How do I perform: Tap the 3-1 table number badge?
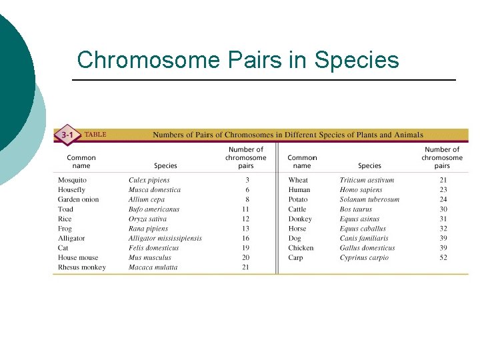coord(67,135)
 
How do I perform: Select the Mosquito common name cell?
coord(72,180)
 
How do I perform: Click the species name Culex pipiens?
coord(149,180)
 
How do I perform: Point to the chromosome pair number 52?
coord(443,258)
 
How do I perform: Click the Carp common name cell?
coord(295,258)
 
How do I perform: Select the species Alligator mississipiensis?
coord(165,238)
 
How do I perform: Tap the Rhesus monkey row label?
coord(81,267)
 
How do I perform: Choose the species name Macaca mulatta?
coord(153,267)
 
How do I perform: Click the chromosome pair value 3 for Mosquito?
coord(247,180)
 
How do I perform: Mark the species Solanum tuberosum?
coord(369,199)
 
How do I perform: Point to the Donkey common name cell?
coord(300,219)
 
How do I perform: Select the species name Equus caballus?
coord(362,229)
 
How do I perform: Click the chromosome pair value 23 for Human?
coord(443,190)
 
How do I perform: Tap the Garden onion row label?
coord(78,199)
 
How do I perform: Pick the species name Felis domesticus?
coord(153,248)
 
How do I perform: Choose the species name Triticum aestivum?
coord(367,180)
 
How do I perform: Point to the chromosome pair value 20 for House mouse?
coord(246,257)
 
